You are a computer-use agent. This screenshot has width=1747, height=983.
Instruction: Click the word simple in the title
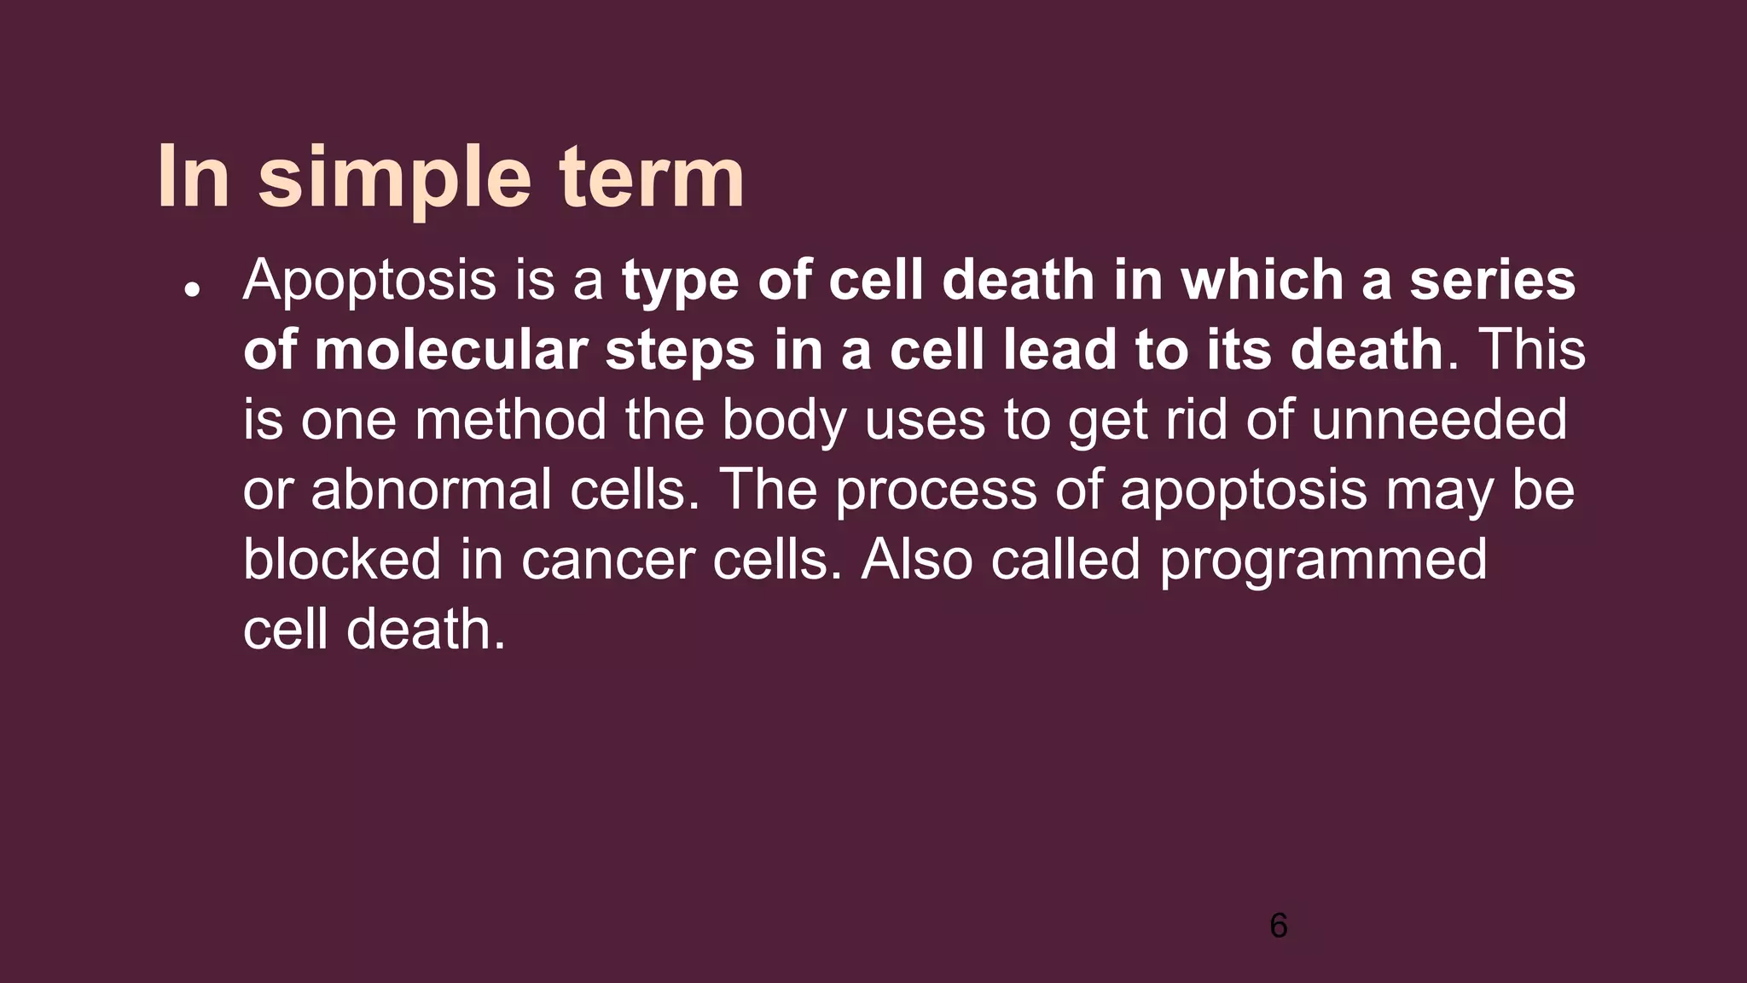[x=394, y=177]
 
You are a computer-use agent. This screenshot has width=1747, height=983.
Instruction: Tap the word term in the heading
[x=652, y=177]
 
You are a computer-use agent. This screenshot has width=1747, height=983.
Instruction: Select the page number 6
[x=1278, y=926]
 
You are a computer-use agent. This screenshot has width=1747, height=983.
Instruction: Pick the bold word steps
[x=680, y=352]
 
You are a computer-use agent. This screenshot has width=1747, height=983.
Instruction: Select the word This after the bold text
[x=1532, y=350]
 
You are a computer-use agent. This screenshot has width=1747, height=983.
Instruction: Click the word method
[x=509, y=420]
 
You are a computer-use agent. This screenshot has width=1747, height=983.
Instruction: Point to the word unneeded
[x=1438, y=420]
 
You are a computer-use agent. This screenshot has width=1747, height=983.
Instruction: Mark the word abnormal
[x=431, y=490]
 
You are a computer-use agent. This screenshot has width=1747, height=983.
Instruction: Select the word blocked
[x=341, y=560]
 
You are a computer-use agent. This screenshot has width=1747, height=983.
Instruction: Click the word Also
[x=916, y=560]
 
